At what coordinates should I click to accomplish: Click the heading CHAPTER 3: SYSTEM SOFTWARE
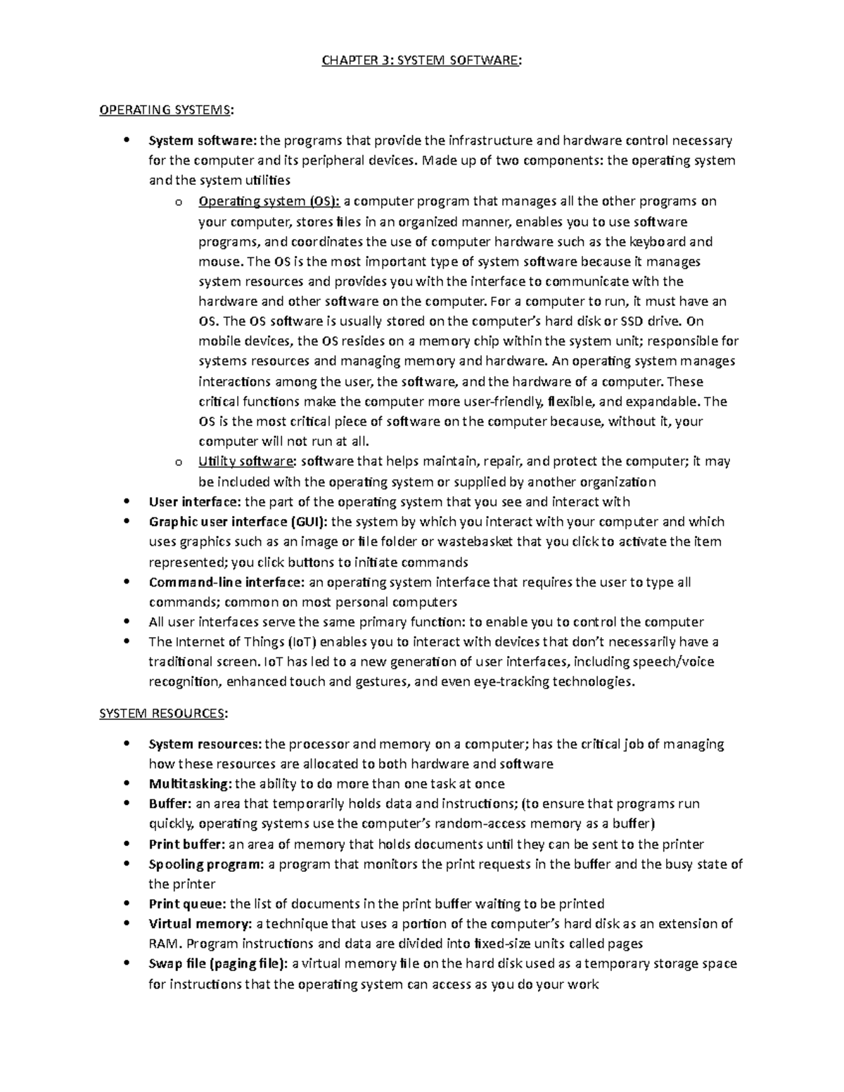click(421, 60)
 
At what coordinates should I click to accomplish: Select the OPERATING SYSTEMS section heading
click(167, 110)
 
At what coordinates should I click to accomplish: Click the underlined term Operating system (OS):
click(269, 202)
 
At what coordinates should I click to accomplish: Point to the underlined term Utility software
click(245, 461)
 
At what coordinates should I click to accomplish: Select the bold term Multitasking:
click(190, 783)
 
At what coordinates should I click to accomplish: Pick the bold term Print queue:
click(188, 904)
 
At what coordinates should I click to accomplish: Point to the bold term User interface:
click(194, 501)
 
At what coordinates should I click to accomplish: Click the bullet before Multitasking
click(126, 783)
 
